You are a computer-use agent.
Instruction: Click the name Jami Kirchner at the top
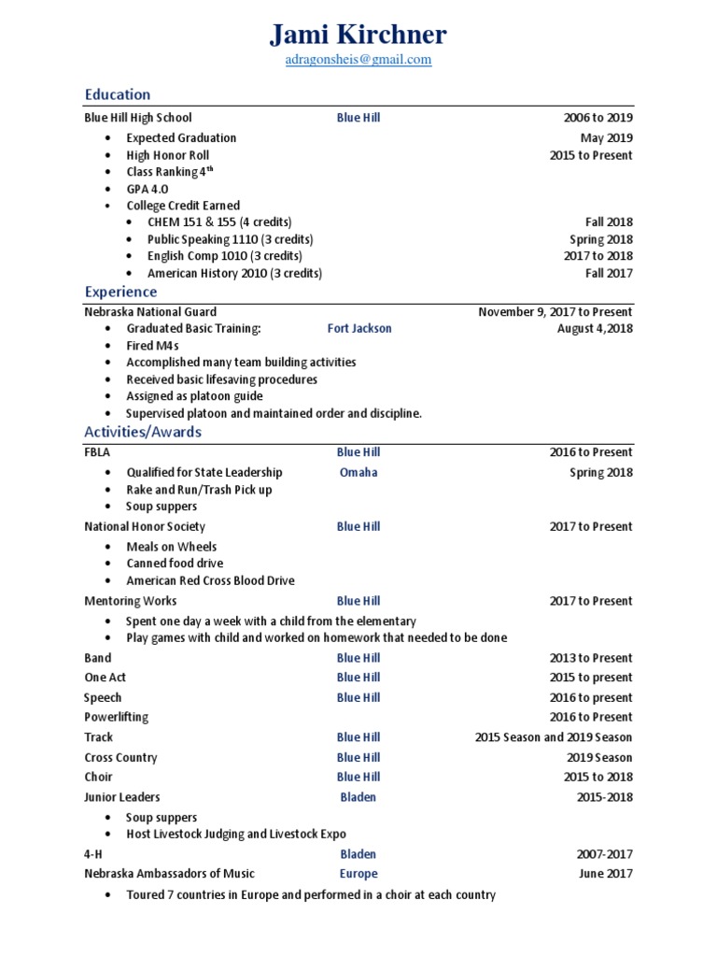(x=358, y=35)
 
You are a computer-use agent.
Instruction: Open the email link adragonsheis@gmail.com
(x=358, y=59)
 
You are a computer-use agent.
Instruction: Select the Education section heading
(x=118, y=94)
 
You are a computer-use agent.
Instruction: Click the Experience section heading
(x=120, y=292)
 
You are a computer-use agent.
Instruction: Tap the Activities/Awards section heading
(x=143, y=432)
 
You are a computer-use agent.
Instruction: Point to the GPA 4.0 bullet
(x=148, y=189)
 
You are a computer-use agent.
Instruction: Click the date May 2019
(x=606, y=137)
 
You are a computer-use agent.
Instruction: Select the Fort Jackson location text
(x=359, y=329)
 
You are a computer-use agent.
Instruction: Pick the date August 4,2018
(x=595, y=329)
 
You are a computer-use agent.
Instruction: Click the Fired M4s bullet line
(x=153, y=346)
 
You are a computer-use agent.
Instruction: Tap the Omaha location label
(x=358, y=473)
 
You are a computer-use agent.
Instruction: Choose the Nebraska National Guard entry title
(x=150, y=312)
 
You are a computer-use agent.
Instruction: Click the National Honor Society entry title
(x=145, y=527)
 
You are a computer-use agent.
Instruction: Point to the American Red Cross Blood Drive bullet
(x=210, y=580)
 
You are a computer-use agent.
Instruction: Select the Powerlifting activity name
(x=117, y=718)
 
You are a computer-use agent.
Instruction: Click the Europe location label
(x=358, y=874)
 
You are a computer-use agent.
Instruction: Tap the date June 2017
(x=606, y=874)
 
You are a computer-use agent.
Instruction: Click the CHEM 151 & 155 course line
(x=219, y=222)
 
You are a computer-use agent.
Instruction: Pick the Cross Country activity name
(x=120, y=758)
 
